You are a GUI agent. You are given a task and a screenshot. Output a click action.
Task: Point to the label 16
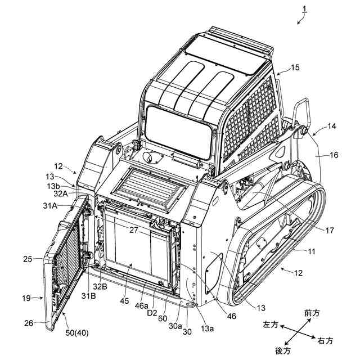coord(334,155)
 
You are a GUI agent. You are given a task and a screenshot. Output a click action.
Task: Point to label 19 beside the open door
coord(33,299)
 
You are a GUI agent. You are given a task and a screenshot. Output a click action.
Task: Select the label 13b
coord(54,186)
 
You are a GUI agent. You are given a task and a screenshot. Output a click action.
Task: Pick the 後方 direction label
coord(283,350)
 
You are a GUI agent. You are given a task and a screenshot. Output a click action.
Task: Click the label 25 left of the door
coord(28,259)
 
